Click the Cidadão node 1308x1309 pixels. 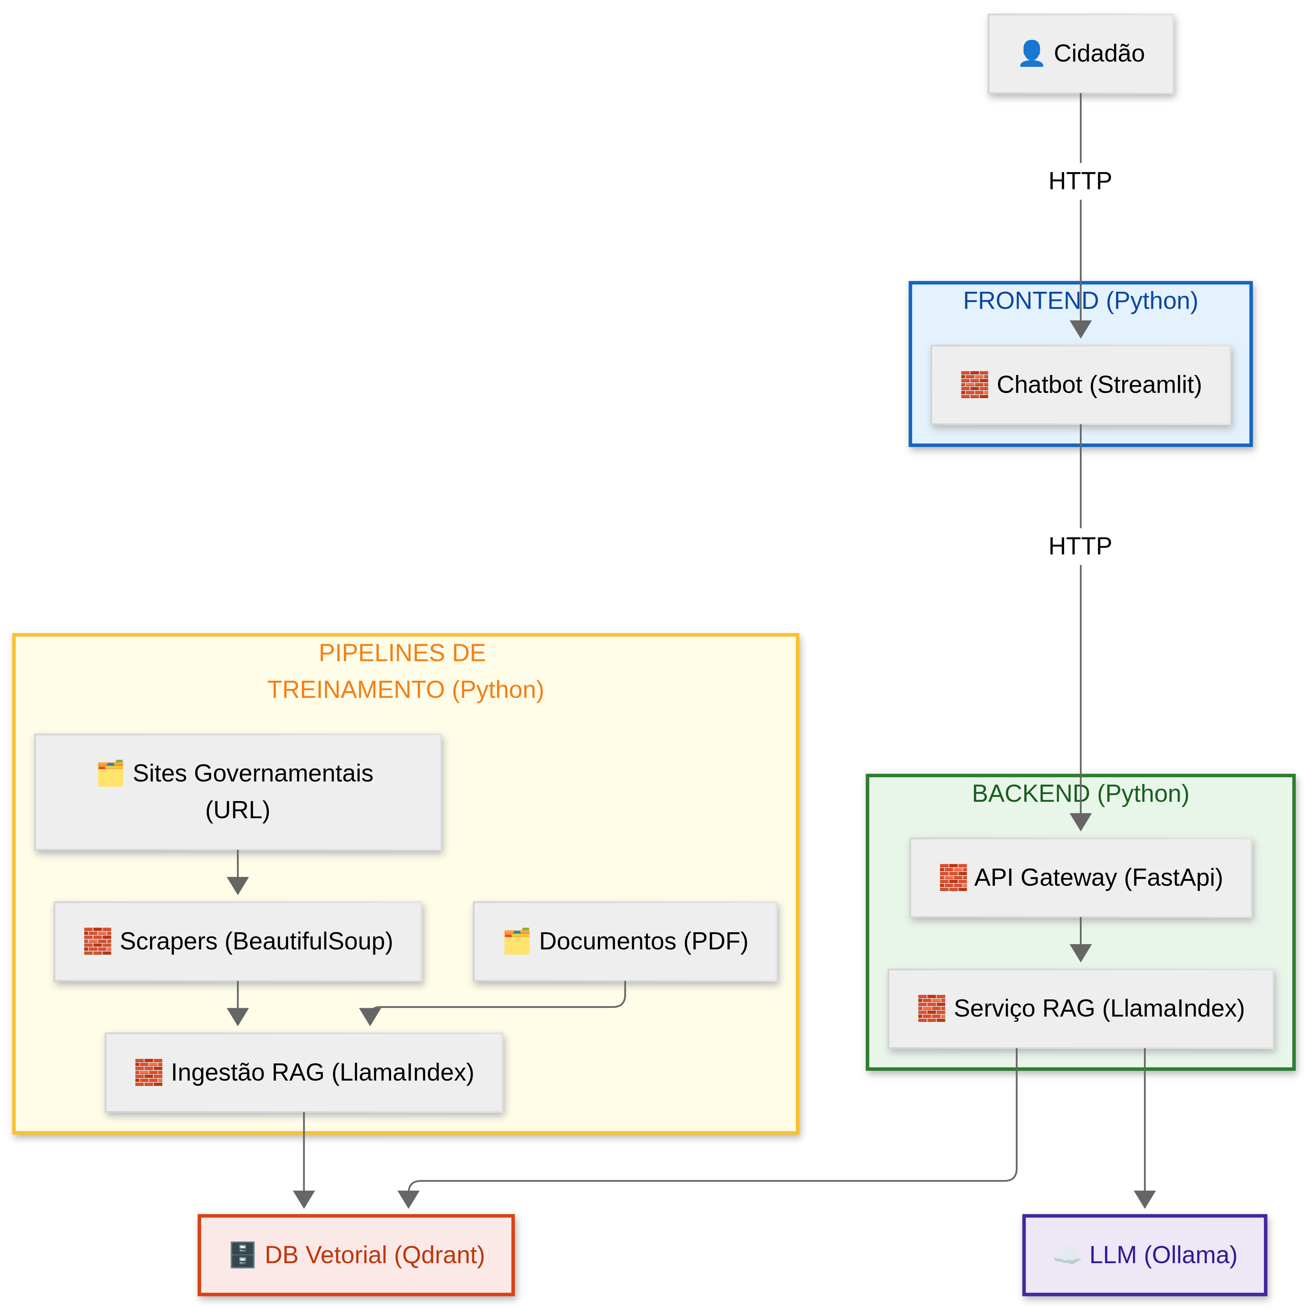1080,54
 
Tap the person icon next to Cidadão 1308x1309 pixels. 1031,54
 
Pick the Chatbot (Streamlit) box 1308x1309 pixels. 1080,385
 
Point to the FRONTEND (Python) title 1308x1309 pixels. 1080,301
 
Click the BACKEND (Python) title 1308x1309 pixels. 1080,793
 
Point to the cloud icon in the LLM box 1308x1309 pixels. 1066,1255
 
